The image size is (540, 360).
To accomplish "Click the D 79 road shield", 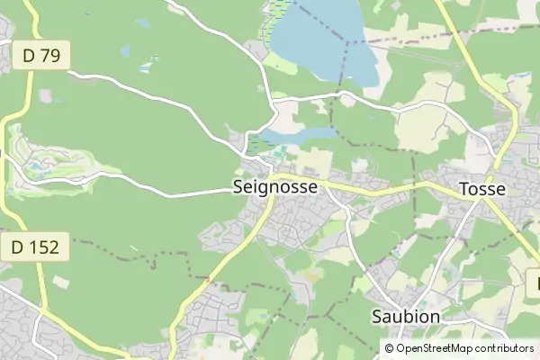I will click(41, 56).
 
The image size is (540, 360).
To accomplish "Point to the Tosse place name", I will click(481, 189).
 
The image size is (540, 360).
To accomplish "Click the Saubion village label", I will click(405, 317).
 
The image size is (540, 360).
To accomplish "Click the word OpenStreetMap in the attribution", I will click(442, 347).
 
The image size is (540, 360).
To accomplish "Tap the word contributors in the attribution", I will click(505, 347).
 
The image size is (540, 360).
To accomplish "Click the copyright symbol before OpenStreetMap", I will click(390, 347).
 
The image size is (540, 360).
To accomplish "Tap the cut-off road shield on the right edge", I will click(535, 284).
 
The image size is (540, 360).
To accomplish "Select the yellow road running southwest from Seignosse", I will click(216, 270).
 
